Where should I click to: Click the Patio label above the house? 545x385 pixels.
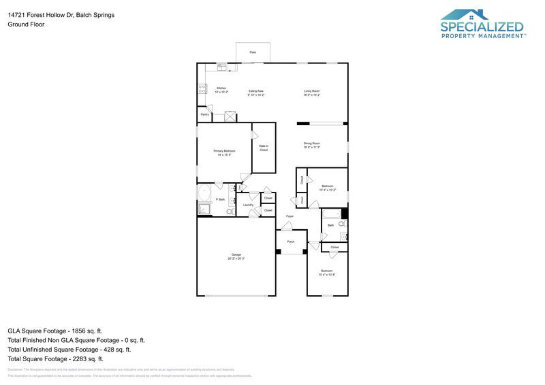pyautogui.click(x=253, y=52)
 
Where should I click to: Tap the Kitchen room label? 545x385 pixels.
pyautogui.click(x=221, y=88)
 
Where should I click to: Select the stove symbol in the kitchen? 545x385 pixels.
pyautogui.click(x=202, y=87)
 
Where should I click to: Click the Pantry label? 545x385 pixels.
pyautogui.click(x=204, y=114)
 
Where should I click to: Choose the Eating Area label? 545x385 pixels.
pyautogui.click(x=256, y=90)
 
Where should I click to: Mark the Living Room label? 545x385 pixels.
pyautogui.click(x=312, y=90)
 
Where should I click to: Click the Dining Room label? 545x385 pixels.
pyautogui.click(x=312, y=144)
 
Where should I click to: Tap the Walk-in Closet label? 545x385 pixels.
pyautogui.click(x=264, y=148)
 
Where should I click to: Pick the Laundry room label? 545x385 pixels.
pyautogui.click(x=248, y=205)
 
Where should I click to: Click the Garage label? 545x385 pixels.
pyautogui.click(x=236, y=254)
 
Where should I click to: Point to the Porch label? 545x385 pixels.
pyautogui.click(x=291, y=241)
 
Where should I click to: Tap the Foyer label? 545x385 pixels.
pyautogui.click(x=290, y=216)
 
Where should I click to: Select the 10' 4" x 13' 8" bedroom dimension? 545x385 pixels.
pyautogui.click(x=328, y=274)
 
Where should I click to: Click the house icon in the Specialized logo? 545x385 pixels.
pyautogui.click(x=465, y=14)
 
